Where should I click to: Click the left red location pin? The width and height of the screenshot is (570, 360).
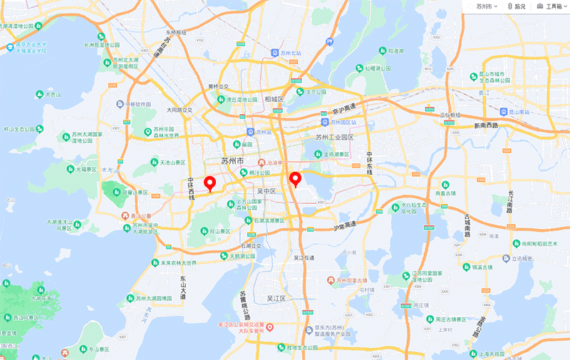(210, 183)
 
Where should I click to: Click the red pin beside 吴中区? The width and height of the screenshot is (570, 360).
(295, 179)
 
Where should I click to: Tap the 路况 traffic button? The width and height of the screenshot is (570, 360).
(517, 6)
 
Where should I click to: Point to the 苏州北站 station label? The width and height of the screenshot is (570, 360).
(290, 53)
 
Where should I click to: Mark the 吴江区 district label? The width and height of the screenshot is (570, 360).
(276, 298)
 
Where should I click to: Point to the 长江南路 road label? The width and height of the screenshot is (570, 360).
(510, 202)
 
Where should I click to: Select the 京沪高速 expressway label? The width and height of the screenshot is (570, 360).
(343, 112)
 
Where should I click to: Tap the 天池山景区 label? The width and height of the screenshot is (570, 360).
(172, 163)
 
